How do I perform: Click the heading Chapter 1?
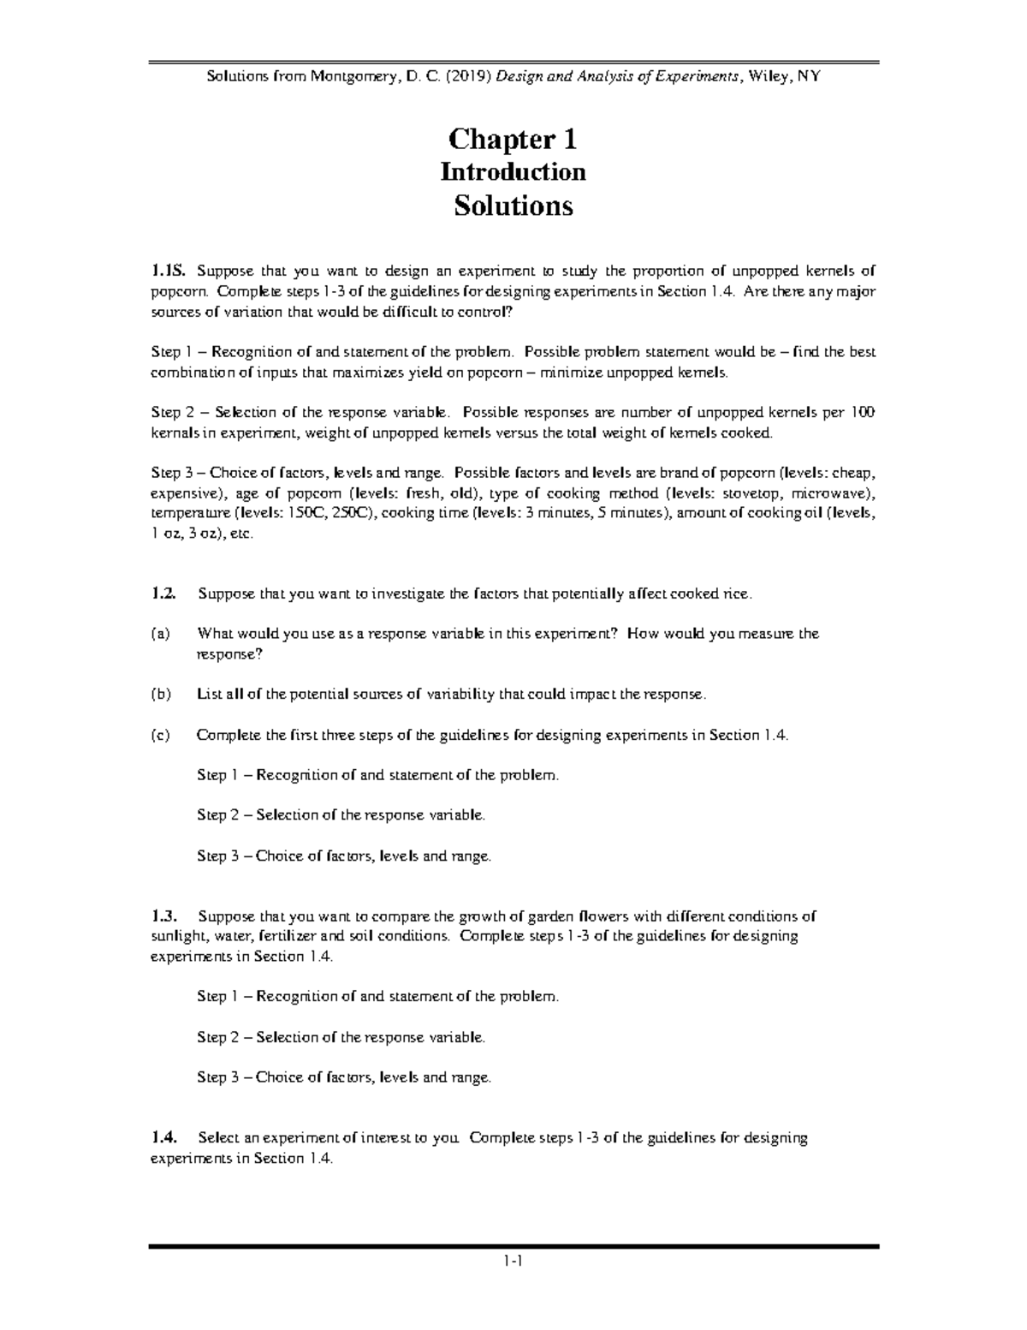(x=513, y=139)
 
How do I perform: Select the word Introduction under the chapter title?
(x=513, y=172)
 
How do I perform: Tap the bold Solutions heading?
(x=513, y=206)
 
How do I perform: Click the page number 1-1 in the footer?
(x=513, y=1260)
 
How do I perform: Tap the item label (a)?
(x=160, y=634)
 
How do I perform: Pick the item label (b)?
(x=160, y=695)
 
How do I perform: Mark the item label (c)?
(x=160, y=735)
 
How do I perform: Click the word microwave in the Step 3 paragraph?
(x=829, y=493)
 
